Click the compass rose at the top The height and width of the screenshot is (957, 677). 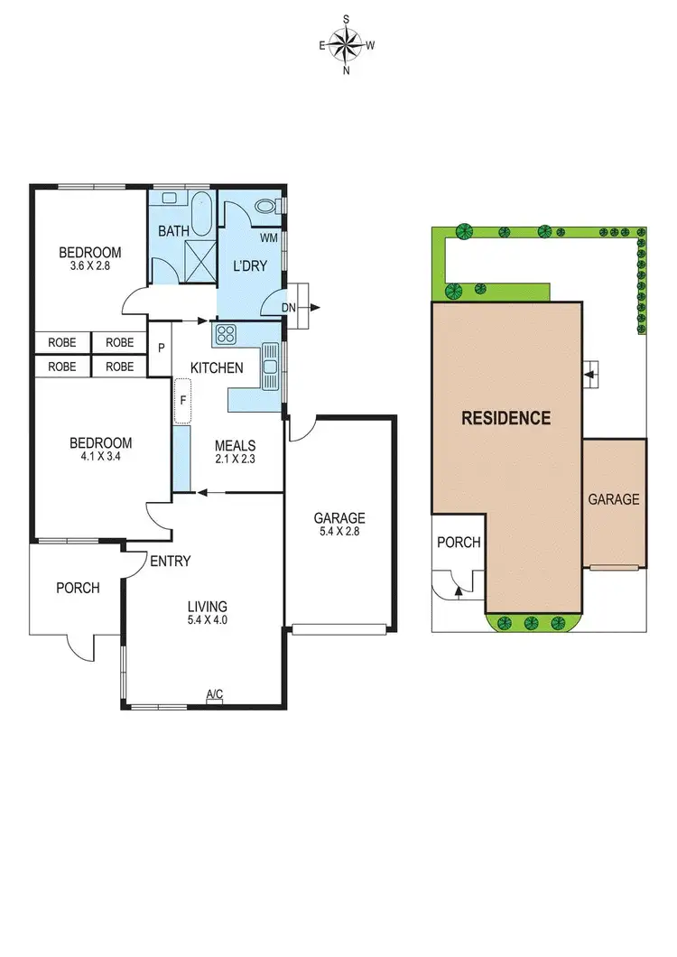point(347,43)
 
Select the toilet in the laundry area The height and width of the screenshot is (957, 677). point(266,207)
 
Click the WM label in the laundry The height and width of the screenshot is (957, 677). point(268,238)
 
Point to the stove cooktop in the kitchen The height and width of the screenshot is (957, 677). point(225,335)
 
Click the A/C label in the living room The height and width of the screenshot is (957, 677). point(214,693)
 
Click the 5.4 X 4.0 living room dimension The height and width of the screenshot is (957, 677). point(208,622)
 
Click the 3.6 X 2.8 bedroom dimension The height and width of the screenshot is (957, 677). point(89,267)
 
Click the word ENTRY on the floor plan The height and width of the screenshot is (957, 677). point(170,562)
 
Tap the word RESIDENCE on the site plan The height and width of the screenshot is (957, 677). point(505,418)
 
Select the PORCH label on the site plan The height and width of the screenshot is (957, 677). point(459,543)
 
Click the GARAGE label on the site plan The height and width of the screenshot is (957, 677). point(614,499)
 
